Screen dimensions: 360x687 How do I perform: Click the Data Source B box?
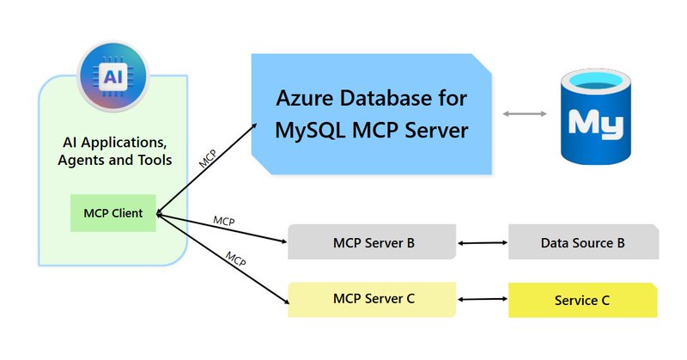583,243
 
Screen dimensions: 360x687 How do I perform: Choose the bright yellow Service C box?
583,300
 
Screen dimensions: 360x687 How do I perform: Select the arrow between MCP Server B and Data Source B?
483,244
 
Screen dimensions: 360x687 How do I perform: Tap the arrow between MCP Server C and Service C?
483,299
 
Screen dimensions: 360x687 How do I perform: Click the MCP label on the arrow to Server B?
224,222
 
